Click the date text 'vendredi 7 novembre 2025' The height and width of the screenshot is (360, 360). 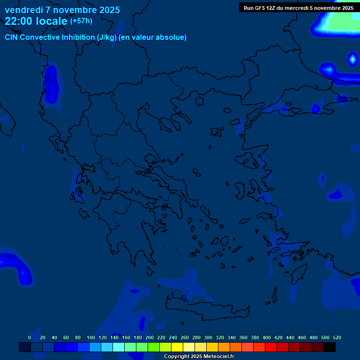click(x=62, y=10)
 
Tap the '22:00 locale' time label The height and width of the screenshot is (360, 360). click(x=36, y=21)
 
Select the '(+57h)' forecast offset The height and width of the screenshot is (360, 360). click(x=81, y=21)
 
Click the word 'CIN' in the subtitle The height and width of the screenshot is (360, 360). click(x=12, y=37)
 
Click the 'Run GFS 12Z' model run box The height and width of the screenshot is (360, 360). click(x=299, y=7)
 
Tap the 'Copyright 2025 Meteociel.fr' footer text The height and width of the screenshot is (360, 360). click(x=199, y=357)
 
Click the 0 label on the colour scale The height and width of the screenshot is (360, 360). click(x=30, y=338)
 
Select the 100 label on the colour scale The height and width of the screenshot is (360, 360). click(x=91, y=338)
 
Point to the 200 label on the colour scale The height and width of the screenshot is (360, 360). click(x=150, y=338)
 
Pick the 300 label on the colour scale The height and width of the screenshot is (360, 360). click(x=208, y=338)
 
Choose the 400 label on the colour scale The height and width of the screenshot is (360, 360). click(x=267, y=338)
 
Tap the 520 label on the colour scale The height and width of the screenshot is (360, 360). click(x=337, y=338)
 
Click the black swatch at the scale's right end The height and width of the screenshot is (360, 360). click(x=330, y=347)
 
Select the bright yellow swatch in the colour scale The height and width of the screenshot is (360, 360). click(x=177, y=347)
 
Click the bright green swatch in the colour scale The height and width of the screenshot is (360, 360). click(x=154, y=347)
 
